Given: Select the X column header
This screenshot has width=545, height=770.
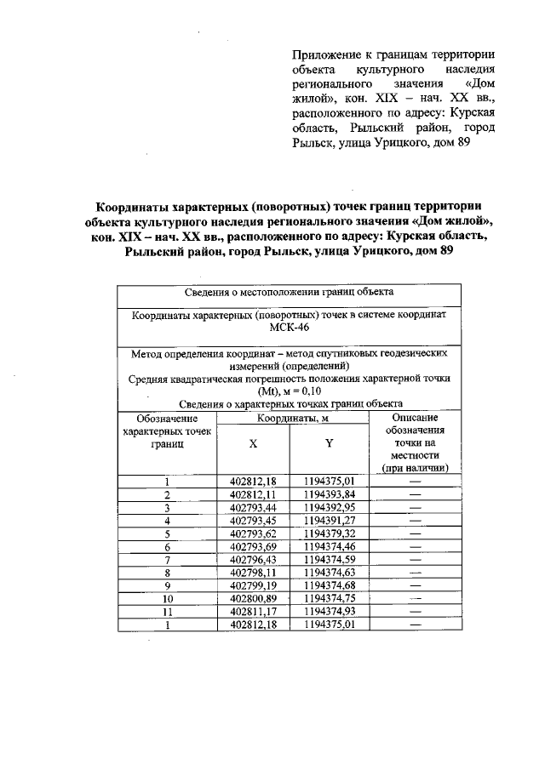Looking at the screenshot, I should point(253,443).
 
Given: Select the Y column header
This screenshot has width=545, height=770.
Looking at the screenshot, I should point(329,443).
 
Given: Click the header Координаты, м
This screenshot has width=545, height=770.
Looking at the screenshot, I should point(291,419).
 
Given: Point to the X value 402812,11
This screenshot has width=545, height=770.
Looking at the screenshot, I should point(253,495).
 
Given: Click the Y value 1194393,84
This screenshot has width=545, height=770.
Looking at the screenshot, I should point(329,495).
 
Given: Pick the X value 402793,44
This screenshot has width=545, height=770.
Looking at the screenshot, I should point(253,508).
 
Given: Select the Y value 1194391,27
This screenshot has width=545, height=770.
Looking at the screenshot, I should point(329,522).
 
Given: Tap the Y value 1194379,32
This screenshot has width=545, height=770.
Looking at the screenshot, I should point(329,534).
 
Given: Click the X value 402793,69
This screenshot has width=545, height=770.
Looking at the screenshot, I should point(253,548).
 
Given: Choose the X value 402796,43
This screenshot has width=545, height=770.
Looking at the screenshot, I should point(253,561).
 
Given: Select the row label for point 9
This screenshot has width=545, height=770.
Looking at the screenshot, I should point(167,587).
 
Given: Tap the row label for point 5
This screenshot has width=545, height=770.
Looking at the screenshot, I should point(167,534).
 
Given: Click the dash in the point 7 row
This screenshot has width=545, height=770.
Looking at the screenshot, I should point(416,561).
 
